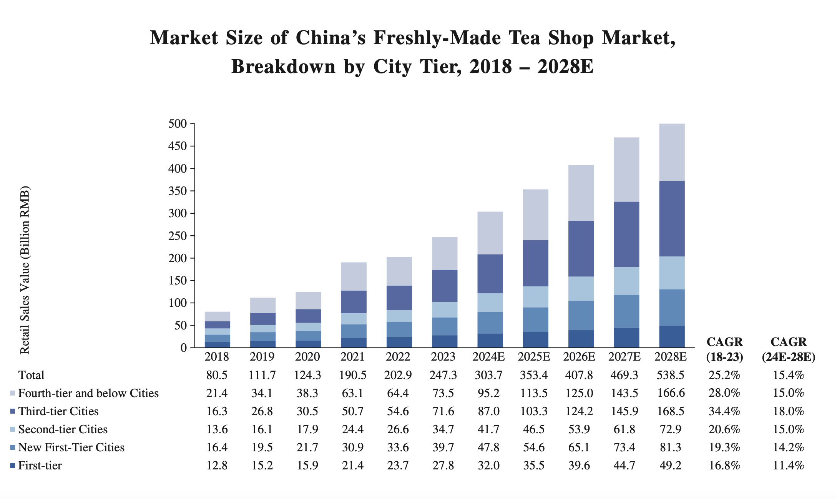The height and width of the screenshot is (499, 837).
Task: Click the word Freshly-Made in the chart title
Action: tap(437, 38)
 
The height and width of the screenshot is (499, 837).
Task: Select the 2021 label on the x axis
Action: tap(353, 357)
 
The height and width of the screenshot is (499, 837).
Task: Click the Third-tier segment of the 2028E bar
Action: tap(672, 219)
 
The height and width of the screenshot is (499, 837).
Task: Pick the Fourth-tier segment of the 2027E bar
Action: tap(626, 170)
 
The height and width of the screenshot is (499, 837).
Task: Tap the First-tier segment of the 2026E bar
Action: tap(581, 339)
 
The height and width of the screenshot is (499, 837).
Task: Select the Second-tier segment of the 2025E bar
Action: tap(536, 297)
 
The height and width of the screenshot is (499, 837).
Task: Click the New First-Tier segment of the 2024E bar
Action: tap(490, 323)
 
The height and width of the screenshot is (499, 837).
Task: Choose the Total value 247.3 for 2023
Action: tap(443, 375)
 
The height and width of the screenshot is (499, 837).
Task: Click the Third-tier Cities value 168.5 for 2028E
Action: tap(670, 411)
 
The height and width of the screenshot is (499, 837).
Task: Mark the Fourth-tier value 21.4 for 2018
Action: tap(217, 393)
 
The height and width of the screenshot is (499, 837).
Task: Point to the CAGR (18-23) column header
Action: tap(724, 349)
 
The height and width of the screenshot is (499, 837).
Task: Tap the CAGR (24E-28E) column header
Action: tap(789, 349)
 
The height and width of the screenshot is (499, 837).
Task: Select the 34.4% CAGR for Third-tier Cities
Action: tap(724, 411)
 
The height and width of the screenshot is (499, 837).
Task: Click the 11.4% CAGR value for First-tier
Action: tap(789, 465)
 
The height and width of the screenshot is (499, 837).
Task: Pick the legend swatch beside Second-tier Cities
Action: tap(13, 429)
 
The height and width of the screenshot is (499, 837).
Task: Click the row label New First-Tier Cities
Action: tap(71, 447)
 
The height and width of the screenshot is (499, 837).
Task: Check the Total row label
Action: tap(32, 375)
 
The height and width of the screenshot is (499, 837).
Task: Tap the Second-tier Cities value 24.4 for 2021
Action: tap(353, 429)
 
